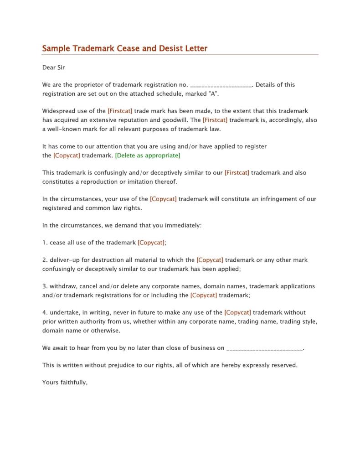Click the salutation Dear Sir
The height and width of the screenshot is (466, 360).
tap(53, 67)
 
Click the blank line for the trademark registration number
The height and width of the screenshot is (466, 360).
tap(221, 85)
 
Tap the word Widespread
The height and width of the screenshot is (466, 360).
tap(58, 111)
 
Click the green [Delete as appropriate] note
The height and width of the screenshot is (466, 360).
tap(148, 155)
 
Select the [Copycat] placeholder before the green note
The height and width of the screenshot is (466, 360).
tap(67, 155)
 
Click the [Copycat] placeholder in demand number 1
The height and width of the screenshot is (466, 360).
tap(152, 243)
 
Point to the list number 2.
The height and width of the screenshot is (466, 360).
tap(45, 260)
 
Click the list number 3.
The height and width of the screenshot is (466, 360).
tap(45, 286)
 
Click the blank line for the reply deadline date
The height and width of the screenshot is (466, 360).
tap(264, 348)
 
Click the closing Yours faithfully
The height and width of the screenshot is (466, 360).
tap(65, 383)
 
